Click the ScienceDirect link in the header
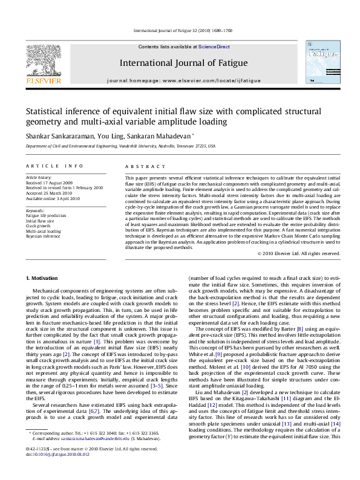point(213,46)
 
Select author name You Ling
point(99,136)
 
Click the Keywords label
point(36,210)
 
